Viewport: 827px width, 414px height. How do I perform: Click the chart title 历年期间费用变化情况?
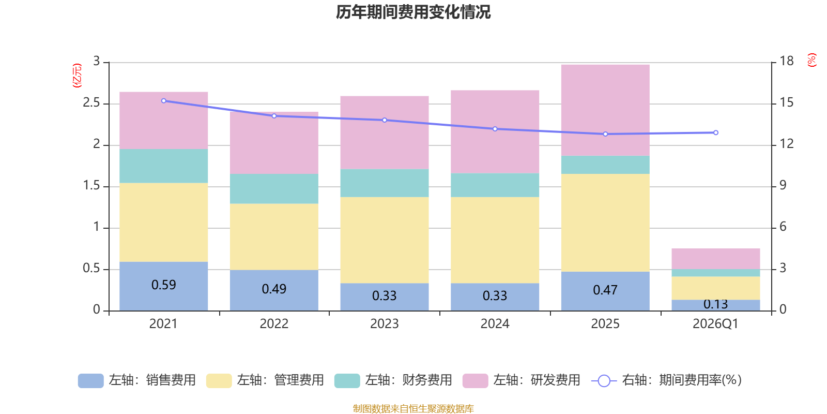click(413, 12)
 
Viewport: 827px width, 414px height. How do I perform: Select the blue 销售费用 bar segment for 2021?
click(163, 286)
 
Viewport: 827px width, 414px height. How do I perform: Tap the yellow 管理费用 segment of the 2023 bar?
click(385, 240)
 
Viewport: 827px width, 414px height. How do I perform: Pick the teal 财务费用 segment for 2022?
click(274, 188)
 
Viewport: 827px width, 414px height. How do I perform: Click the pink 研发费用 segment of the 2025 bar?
click(605, 110)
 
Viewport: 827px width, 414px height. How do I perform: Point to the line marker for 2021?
click(163, 101)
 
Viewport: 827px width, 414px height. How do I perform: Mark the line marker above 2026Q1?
click(715, 132)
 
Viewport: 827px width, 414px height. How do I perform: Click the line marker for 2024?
click(495, 129)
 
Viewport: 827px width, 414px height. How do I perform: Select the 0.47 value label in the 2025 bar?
click(605, 290)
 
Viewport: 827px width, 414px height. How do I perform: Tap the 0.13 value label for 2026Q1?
click(715, 304)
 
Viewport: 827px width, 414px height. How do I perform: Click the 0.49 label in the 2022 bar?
click(274, 289)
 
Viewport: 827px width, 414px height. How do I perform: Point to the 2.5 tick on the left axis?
click(91, 103)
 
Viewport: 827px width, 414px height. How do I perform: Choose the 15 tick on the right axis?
click(786, 103)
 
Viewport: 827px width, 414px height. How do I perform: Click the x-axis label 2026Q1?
click(715, 324)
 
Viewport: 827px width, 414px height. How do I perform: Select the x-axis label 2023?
click(385, 324)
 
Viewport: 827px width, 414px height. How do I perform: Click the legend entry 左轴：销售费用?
click(136, 380)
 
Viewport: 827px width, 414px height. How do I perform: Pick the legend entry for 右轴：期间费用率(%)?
click(666, 380)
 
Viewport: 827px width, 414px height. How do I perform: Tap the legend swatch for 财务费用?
click(347, 381)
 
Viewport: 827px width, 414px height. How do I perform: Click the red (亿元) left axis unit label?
click(77, 76)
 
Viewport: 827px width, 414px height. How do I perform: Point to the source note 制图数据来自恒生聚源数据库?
click(413, 408)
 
